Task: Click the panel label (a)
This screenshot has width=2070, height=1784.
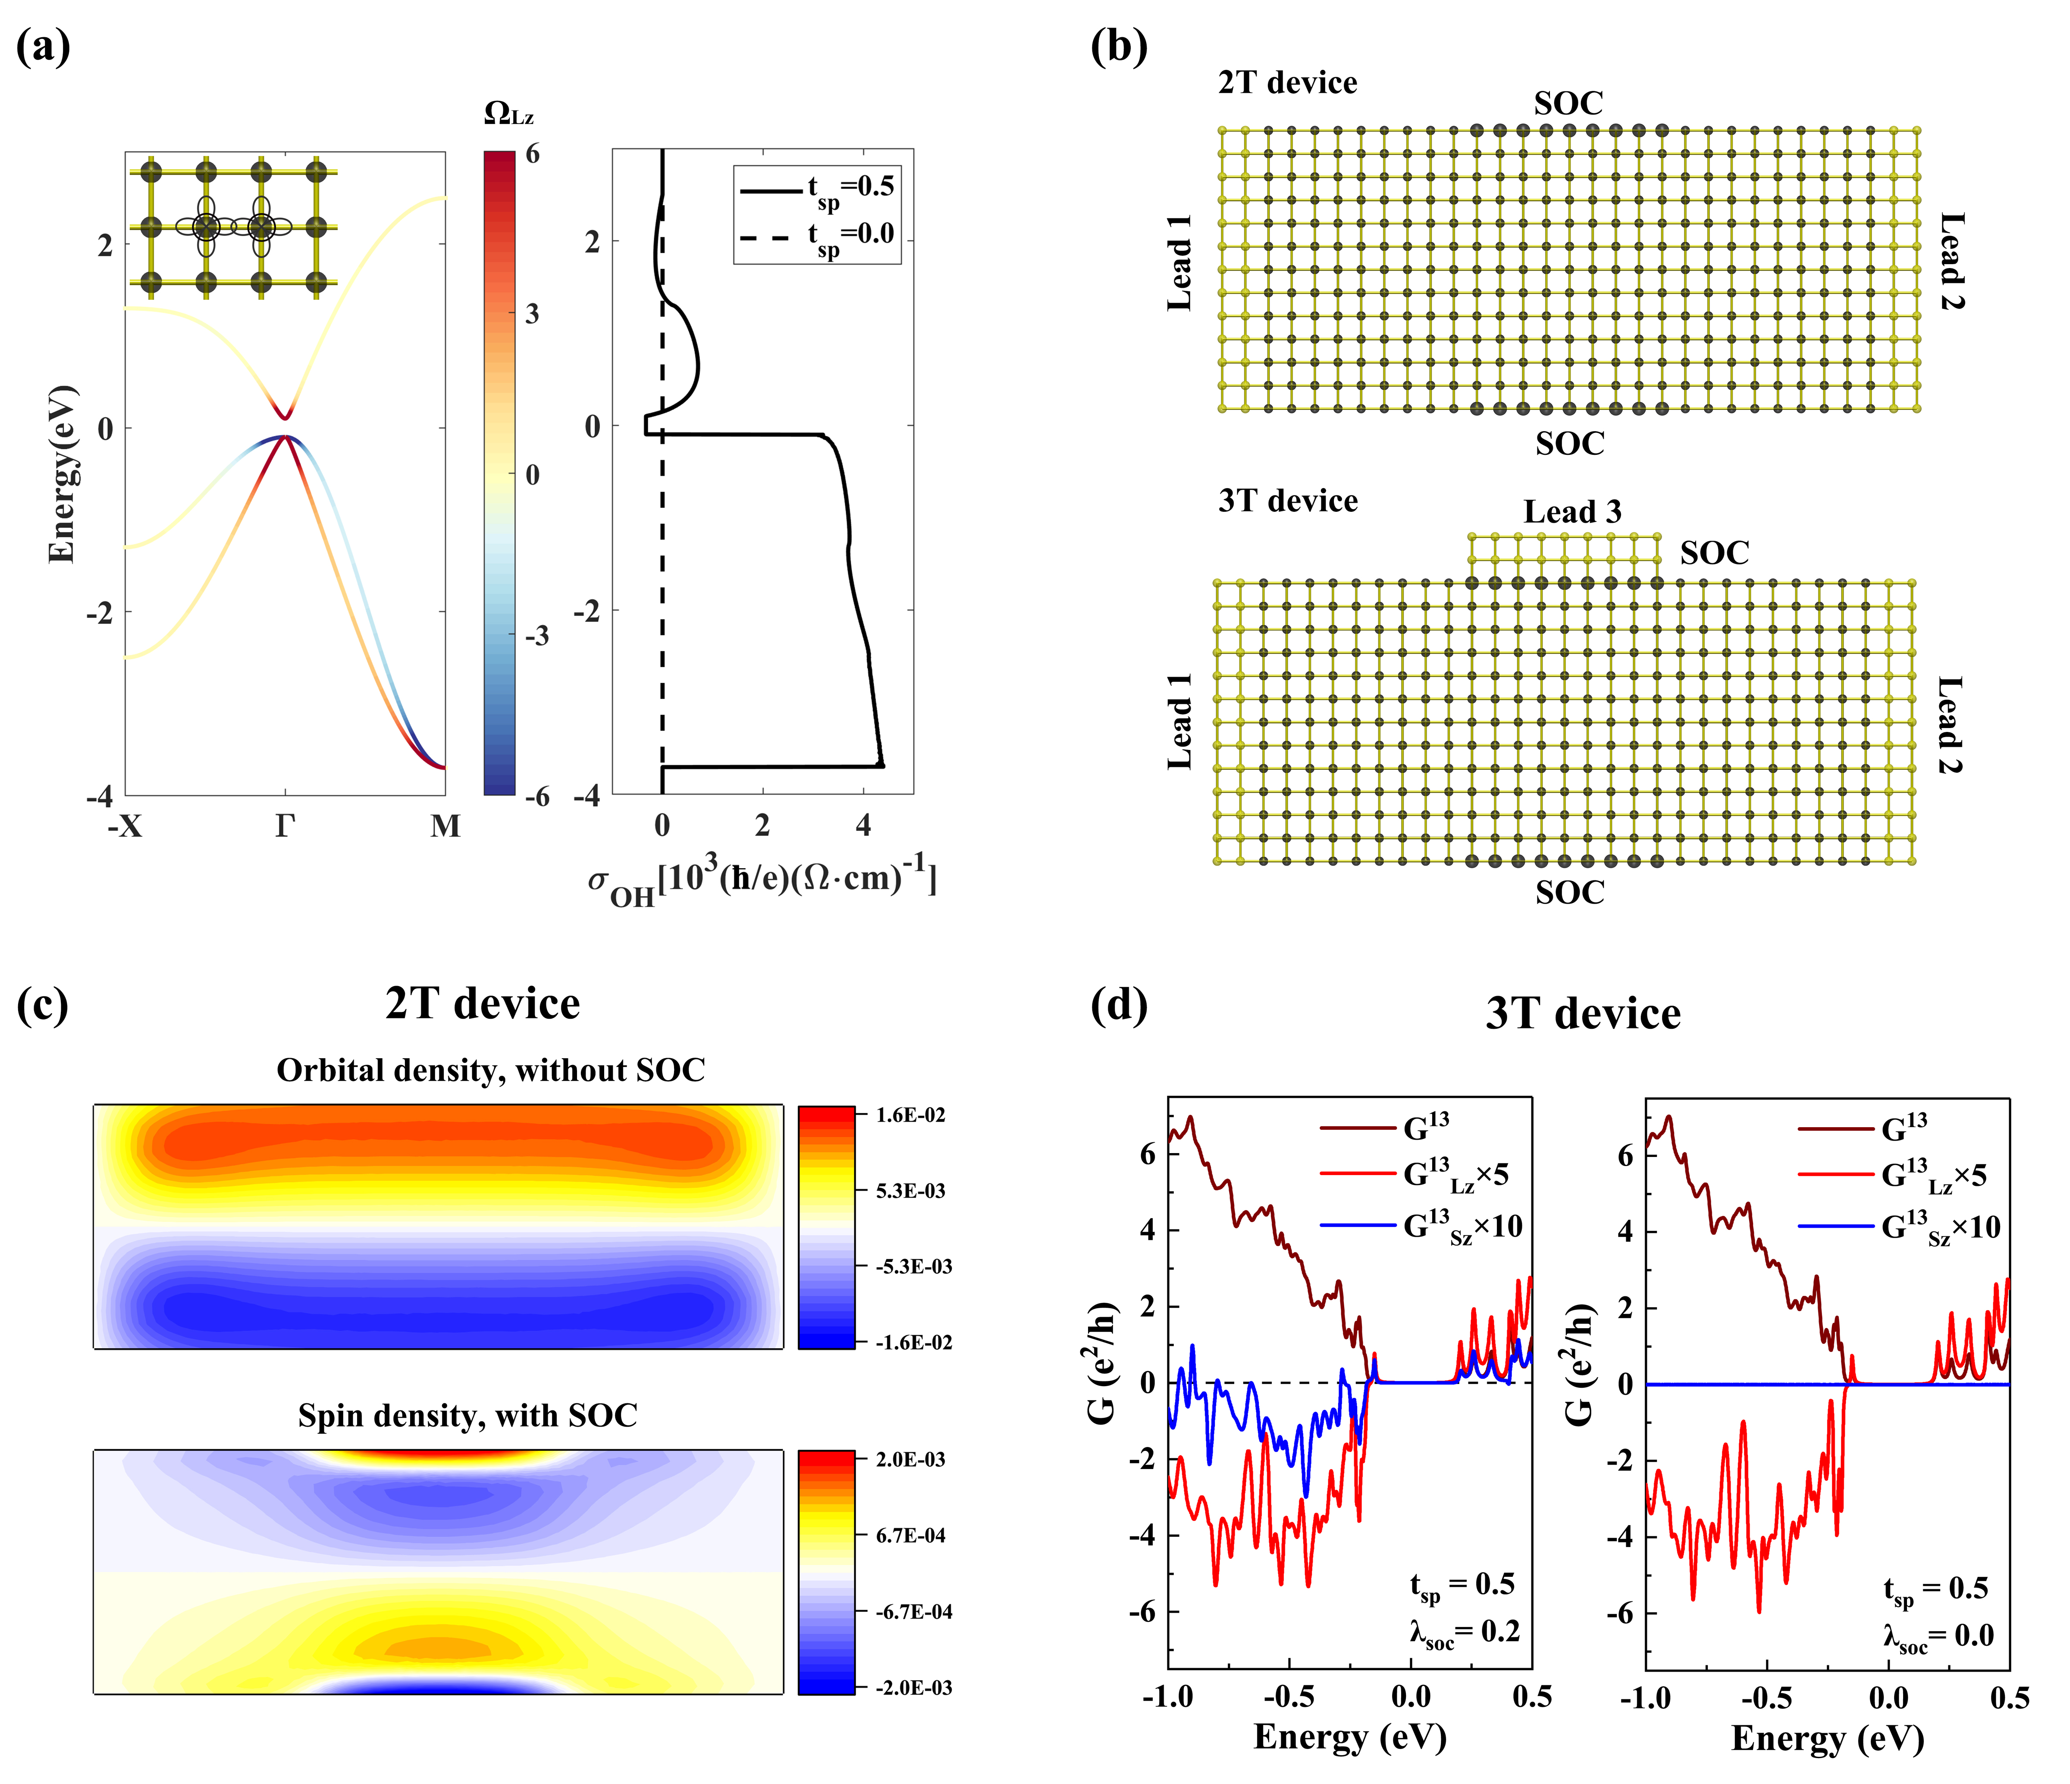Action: [43, 47]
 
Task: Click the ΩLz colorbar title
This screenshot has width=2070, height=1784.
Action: [508, 114]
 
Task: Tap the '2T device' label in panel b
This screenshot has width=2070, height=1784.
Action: [1287, 83]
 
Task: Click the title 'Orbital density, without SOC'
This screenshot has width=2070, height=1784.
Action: [490, 1070]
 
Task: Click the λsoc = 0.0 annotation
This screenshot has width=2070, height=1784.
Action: [1938, 1637]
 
